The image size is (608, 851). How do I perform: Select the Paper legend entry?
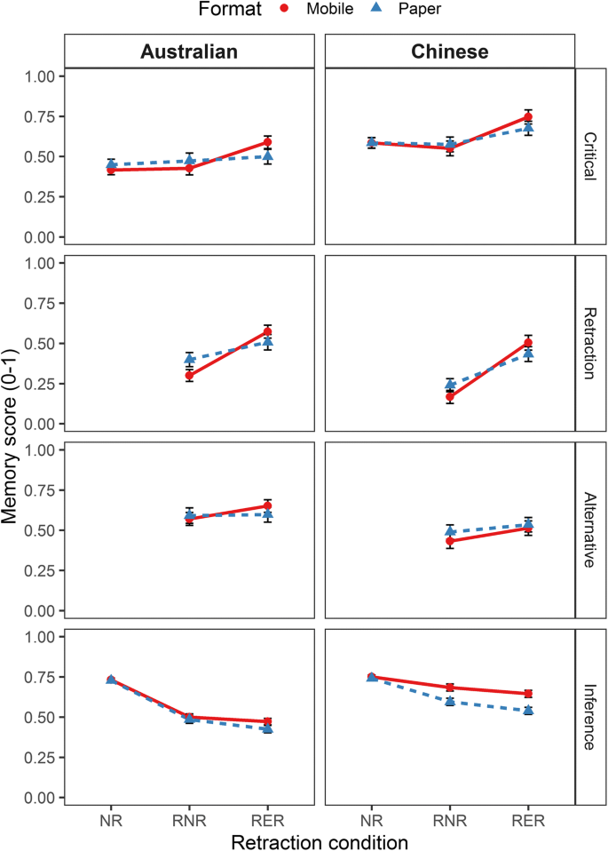click(414, 10)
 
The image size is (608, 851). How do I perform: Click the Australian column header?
click(189, 52)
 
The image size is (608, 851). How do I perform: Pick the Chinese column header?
click(450, 52)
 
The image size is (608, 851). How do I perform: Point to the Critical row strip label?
click(589, 157)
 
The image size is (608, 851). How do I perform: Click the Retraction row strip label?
click(589, 344)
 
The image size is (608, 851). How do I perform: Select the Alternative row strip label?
click(589, 530)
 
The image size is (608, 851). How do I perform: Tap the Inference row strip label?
click(589, 717)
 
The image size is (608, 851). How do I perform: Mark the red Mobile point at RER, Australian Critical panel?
click(267, 142)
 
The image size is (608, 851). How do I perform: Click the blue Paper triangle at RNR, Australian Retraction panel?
click(189, 359)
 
